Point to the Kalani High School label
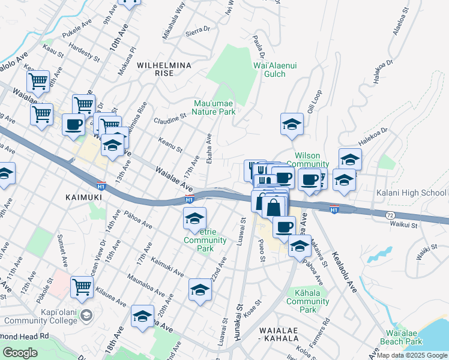coord(411,193)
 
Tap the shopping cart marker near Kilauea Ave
coord(82,286)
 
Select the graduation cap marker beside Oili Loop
coord(292,124)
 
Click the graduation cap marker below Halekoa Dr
coord(350,159)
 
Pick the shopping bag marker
coord(273,207)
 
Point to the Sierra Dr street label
coord(199,28)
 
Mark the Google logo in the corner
coord(20,353)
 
